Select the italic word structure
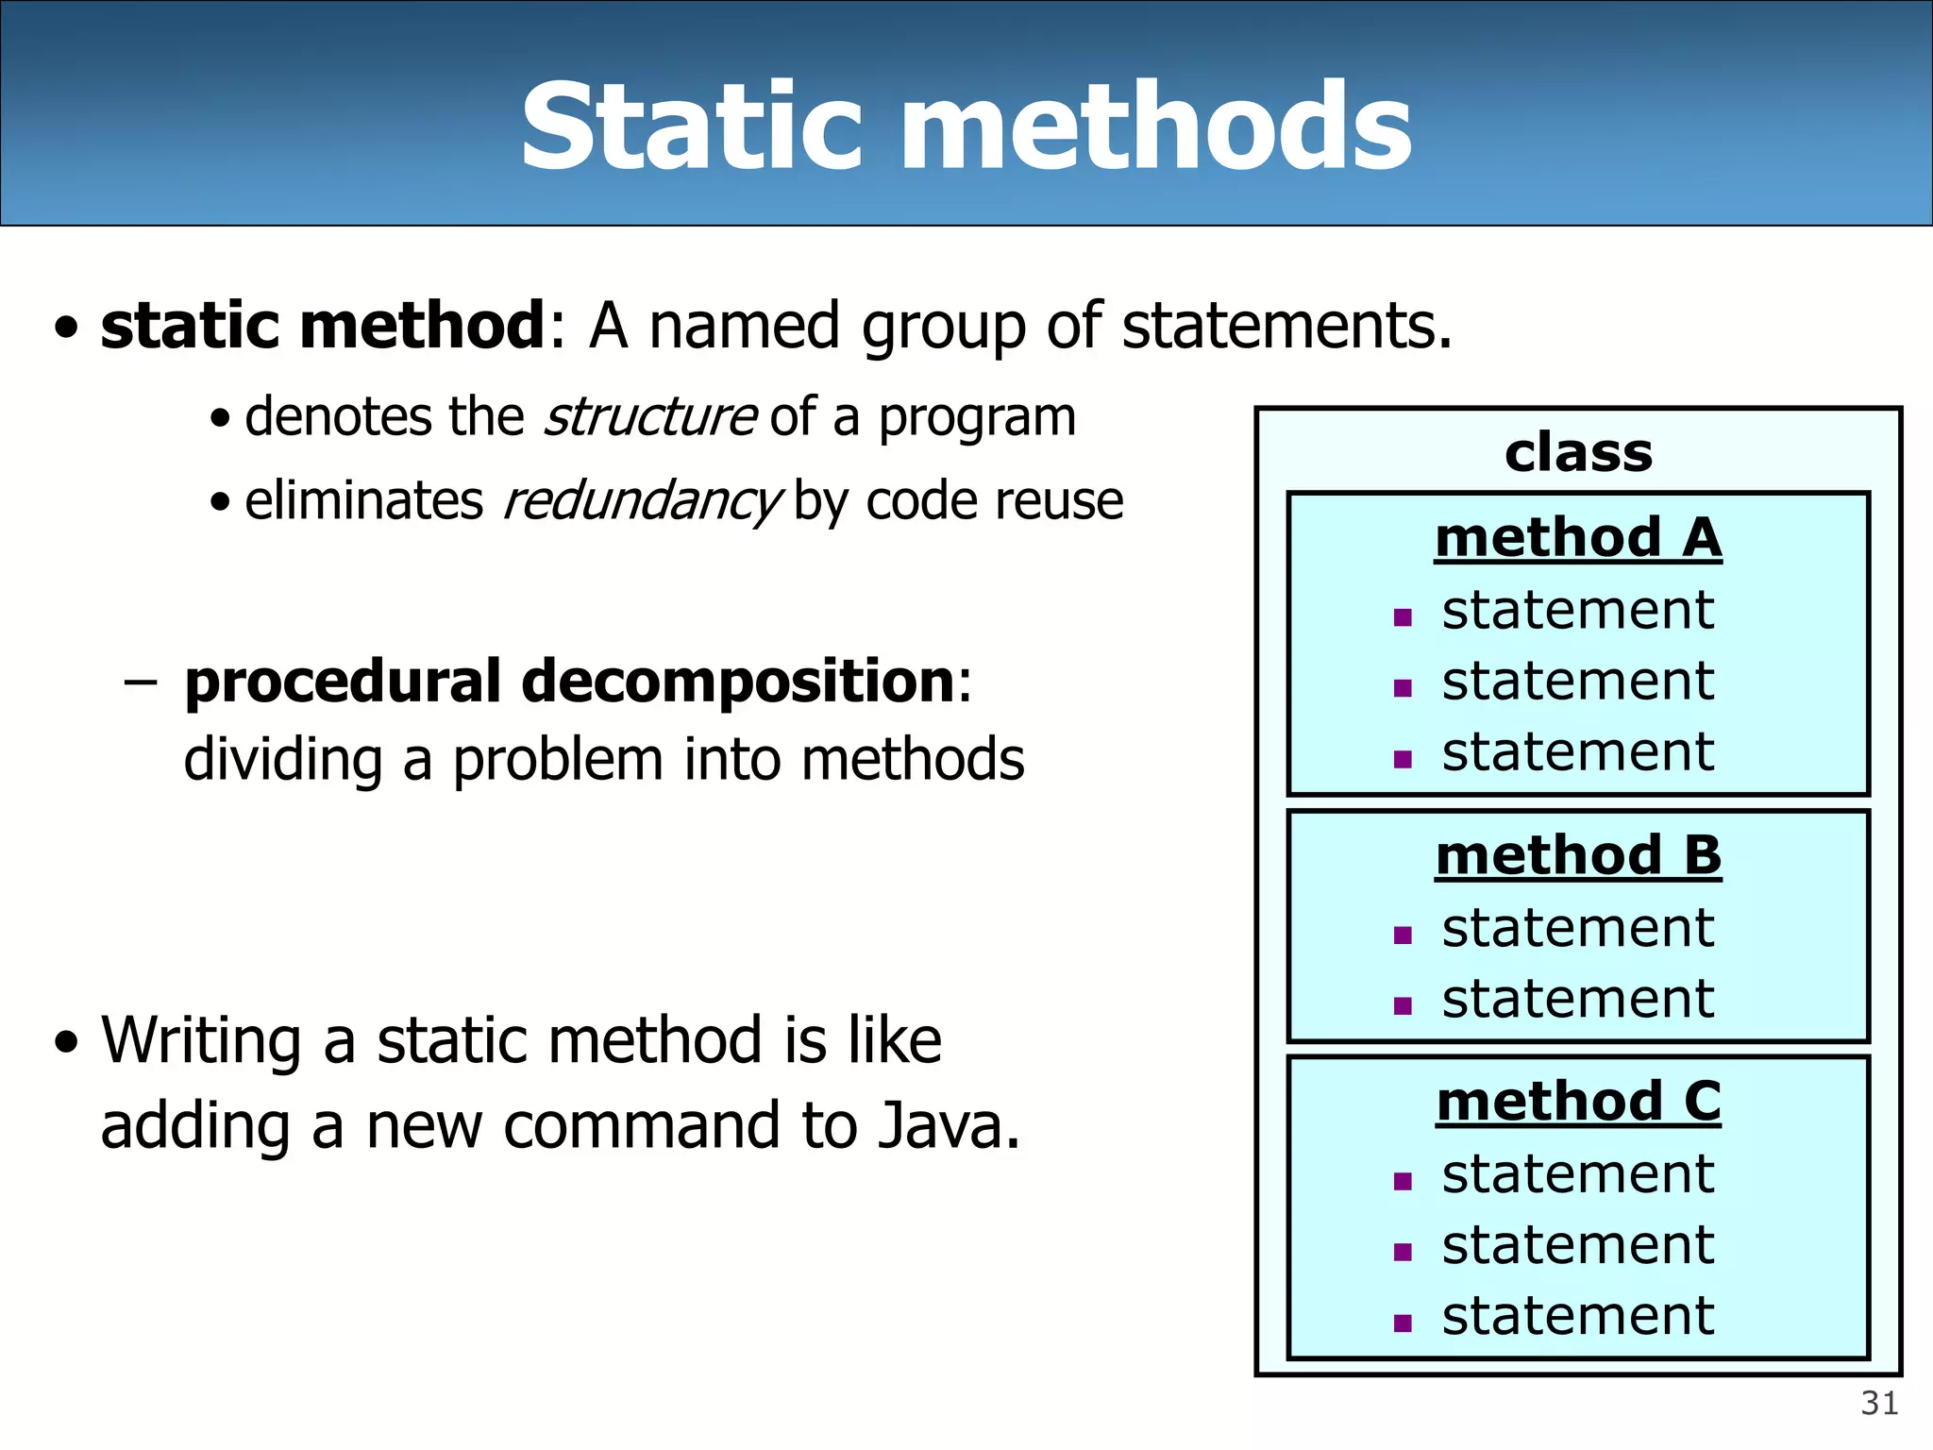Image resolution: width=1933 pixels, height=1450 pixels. pyautogui.click(x=649, y=417)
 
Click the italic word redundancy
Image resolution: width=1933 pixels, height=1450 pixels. pyautogui.click(x=641, y=501)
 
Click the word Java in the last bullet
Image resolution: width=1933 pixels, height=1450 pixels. pyautogui.click(x=948, y=1126)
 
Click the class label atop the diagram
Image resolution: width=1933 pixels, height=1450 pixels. pyautogui.click(x=1578, y=453)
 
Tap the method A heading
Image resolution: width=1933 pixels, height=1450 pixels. pyautogui.click(x=1578, y=538)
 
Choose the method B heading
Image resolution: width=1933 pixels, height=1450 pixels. pyautogui.click(x=1578, y=856)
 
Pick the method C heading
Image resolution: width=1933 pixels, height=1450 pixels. pyautogui.click(x=1578, y=1102)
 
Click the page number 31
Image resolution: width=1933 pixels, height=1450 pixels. pyautogui.click(x=1878, y=1404)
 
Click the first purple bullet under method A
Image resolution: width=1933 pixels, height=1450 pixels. pyautogui.click(x=1403, y=618)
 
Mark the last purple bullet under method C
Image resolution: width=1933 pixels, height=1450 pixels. pyautogui.click(x=1403, y=1324)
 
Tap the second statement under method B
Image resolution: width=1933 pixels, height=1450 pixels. pyautogui.click(x=1577, y=999)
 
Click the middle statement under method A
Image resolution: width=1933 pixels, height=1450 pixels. pyautogui.click(x=1577, y=682)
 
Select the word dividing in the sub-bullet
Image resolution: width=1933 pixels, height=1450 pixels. pyautogui.click(x=282, y=760)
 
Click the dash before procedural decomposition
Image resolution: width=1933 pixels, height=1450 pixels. pyautogui.click(x=140, y=683)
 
